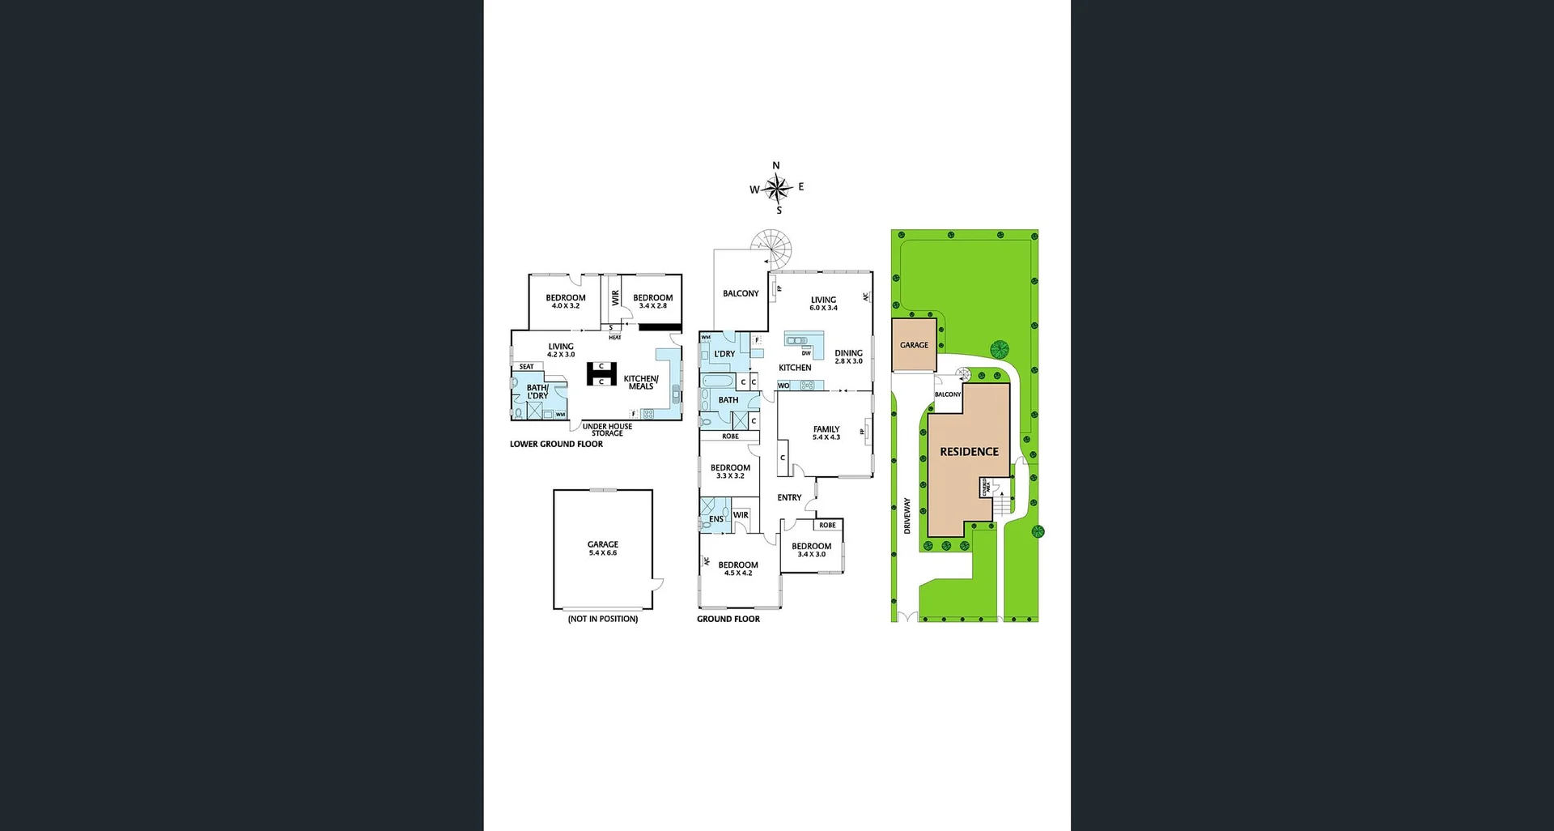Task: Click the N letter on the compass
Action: [x=776, y=166]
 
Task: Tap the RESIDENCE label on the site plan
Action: [x=969, y=452]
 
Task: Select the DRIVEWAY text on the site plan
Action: [x=907, y=515]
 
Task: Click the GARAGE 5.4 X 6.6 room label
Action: [x=603, y=548]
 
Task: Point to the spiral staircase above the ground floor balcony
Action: [x=771, y=248]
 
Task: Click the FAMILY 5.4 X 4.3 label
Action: [x=826, y=433]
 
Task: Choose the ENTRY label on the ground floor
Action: [x=789, y=497]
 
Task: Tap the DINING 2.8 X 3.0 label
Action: [x=848, y=357]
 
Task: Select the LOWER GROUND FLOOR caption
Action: [x=556, y=445]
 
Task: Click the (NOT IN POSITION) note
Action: [x=603, y=619]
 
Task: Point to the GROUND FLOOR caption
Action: [x=728, y=619]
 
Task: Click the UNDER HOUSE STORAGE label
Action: [x=607, y=430]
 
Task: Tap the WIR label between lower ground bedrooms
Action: [x=615, y=298]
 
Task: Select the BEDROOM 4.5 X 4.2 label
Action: [x=738, y=569]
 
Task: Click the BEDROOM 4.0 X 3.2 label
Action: [x=566, y=301]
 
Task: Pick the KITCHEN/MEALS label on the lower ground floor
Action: [x=641, y=382]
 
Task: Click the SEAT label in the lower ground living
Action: [x=526, y=367]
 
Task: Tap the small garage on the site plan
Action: [x=914, y=345]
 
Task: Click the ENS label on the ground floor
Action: [x=716, y=519]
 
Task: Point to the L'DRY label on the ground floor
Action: [x=724, y=354]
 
